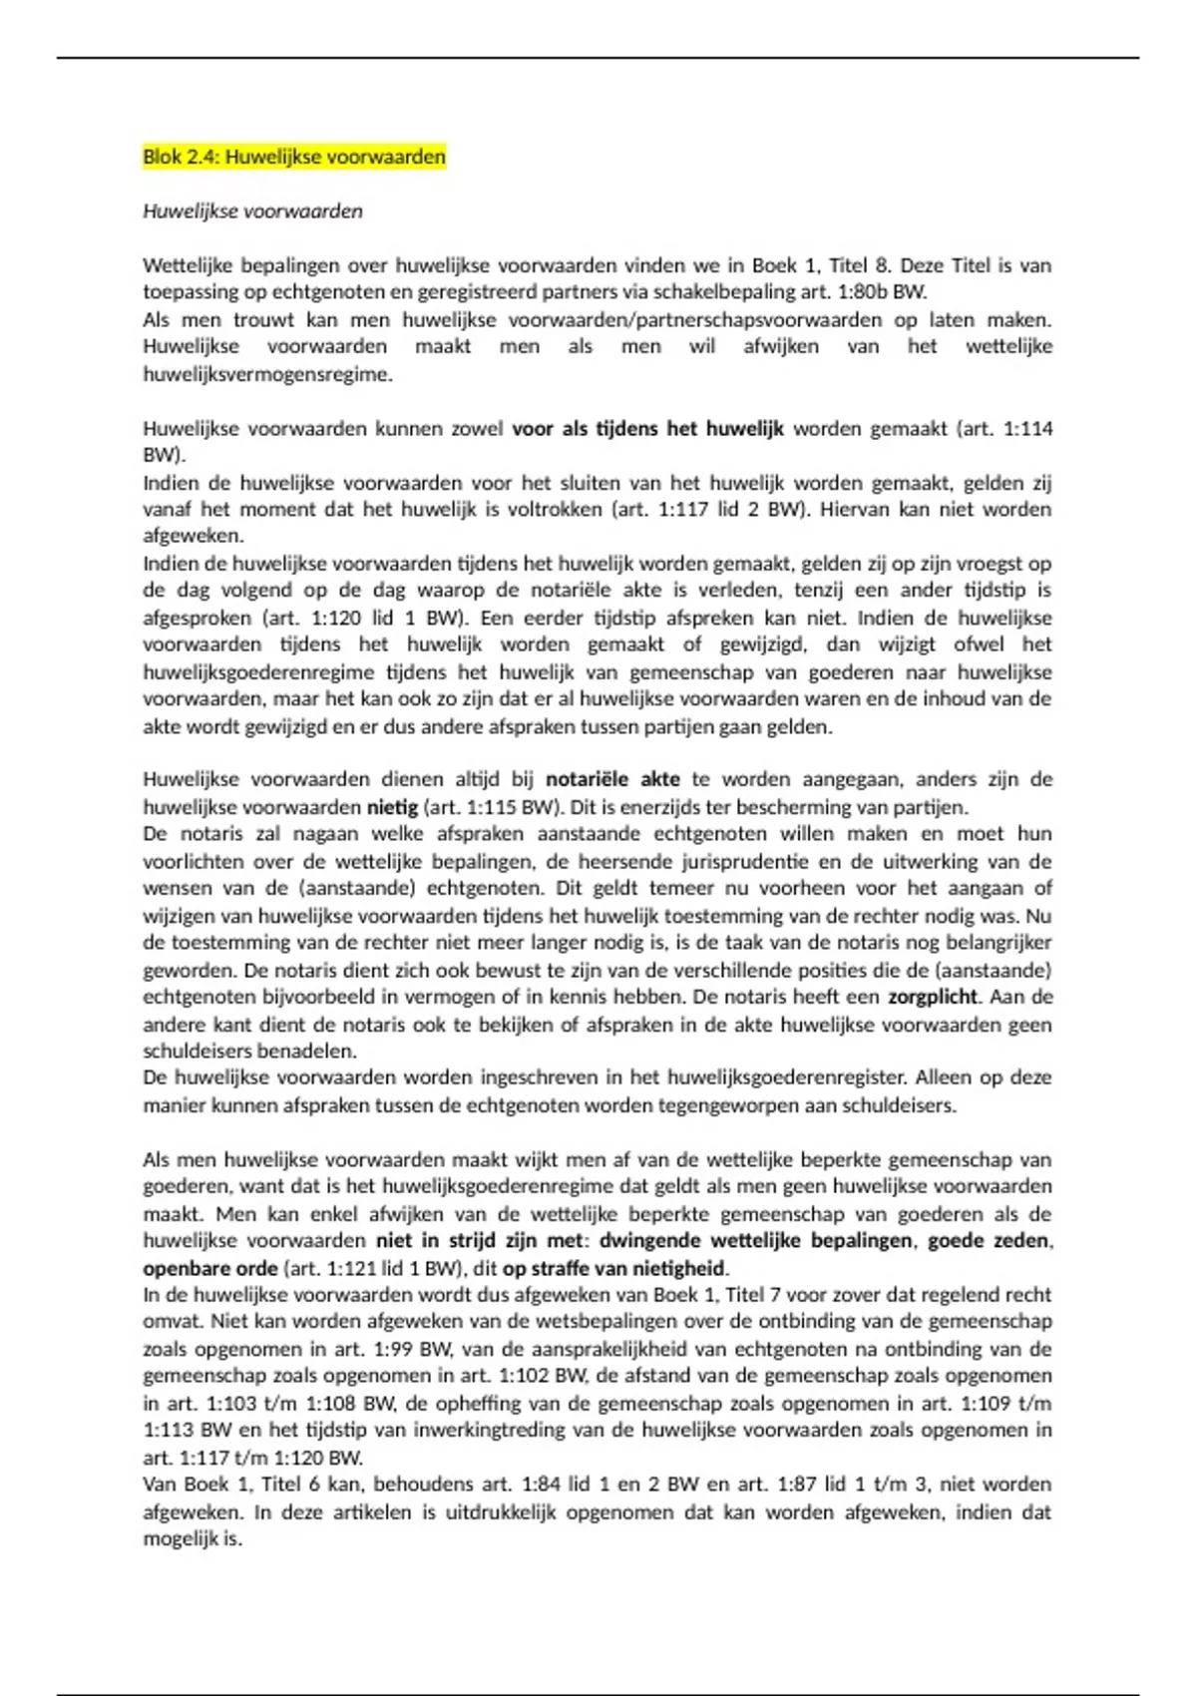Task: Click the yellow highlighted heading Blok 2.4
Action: (x=293, y=157)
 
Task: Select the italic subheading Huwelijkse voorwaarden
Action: (x=252, y=212)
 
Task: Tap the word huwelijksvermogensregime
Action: (x=267, y=375)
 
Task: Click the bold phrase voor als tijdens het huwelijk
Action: (x=647, y=429)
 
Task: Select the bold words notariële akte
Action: (x=612, y=779)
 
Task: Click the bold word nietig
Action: (x=392, y=807)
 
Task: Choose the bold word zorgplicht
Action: (x=934, y=997)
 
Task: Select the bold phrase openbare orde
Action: (x=209, y=1269)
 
